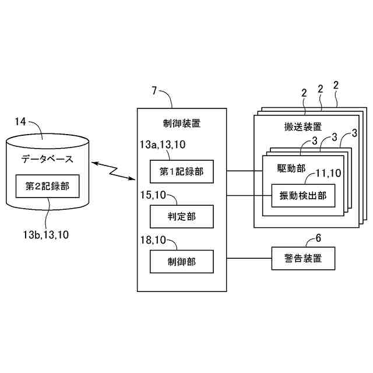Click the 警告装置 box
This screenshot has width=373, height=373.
[304, 258]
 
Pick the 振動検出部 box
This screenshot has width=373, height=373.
[303, 195]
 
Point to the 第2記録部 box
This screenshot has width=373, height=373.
[48, 186]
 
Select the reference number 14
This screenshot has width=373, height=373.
[20, 121]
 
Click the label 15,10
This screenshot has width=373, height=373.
[153, 195]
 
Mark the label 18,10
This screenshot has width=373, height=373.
[153, 239]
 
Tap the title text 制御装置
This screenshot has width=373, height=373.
[181, 123]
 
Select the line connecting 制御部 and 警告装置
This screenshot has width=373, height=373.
[249, 258]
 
